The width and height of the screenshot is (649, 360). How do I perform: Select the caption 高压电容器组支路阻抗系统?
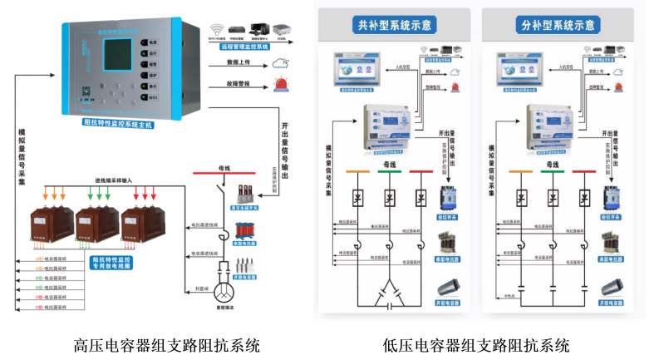coord(166,344)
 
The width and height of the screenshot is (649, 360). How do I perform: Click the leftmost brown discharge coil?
coord(52,224)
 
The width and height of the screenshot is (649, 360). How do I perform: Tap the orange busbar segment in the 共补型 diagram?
coord(358,172)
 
